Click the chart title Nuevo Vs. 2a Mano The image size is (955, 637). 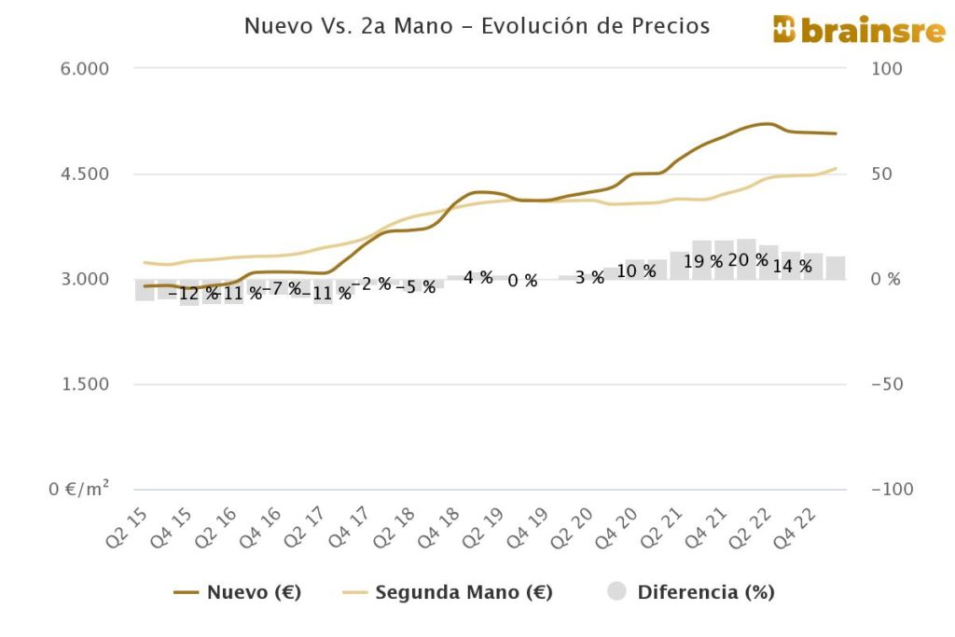(477, 26)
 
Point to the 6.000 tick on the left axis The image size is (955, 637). (84, 69)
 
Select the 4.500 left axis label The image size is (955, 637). (84, 174)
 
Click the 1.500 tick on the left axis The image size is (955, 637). (84, 384)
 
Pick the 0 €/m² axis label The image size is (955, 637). (79, 489)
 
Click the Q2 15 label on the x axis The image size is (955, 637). (127, 525)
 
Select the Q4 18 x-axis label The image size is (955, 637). (441, 525)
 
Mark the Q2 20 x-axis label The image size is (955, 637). (575, 525)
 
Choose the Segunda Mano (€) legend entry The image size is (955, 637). (448, 592)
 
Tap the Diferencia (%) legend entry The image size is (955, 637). (691, 592)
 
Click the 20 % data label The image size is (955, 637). (748, 260)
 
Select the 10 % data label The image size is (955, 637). (637, 271)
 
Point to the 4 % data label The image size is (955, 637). (477, 277)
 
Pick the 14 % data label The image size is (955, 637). (793, 266)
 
